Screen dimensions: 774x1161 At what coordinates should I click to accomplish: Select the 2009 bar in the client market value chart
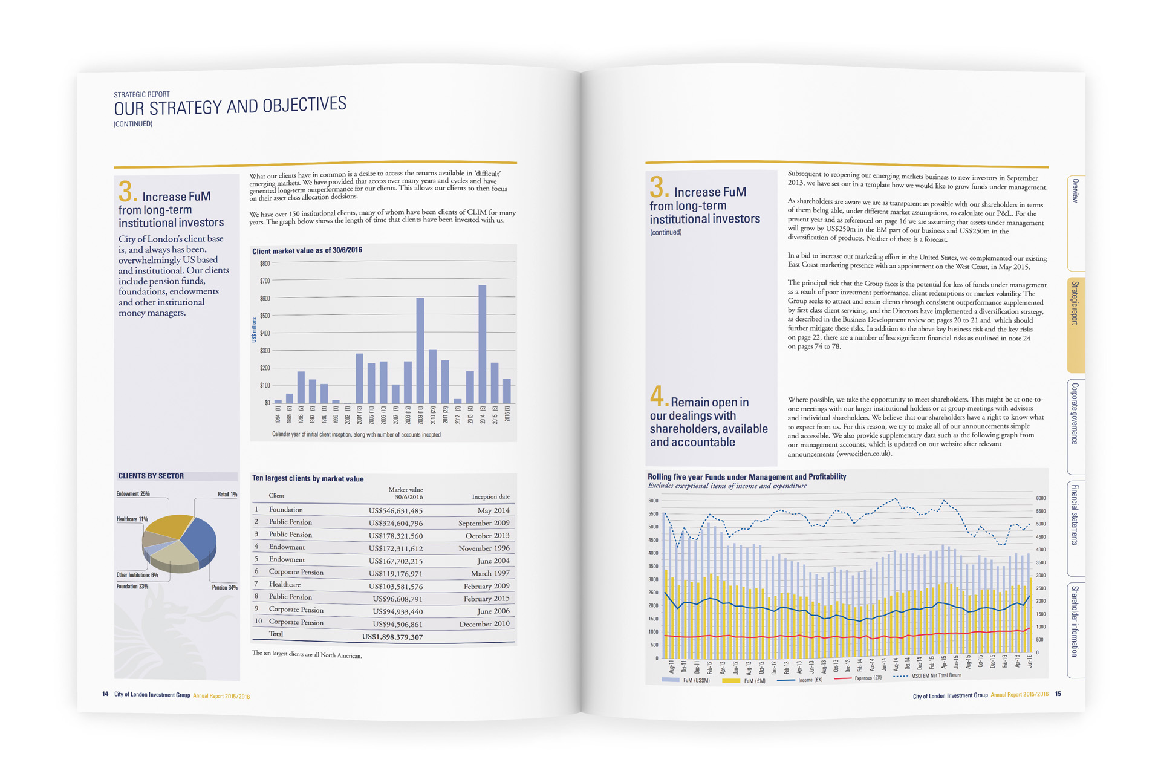[420, 351]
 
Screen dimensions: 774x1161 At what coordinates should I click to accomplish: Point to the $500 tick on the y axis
[265, 316]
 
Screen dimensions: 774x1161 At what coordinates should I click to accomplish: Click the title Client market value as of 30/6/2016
[307, 250]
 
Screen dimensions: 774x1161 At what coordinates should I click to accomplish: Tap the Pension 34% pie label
[224, 587]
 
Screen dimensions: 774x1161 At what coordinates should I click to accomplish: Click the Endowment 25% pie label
[133, 494]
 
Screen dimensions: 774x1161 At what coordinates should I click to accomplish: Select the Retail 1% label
[227, 495]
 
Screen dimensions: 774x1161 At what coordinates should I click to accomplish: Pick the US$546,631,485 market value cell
[395, 511]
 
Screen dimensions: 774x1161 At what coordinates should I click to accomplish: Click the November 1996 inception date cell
[484, 548]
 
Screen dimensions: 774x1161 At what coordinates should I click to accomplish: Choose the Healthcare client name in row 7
[284, 585]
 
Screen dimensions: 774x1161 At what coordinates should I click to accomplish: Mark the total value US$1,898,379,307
[392, 637]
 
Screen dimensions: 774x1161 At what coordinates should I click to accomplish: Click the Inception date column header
[490, 497]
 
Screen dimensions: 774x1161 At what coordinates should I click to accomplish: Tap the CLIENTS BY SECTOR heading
[151, 476]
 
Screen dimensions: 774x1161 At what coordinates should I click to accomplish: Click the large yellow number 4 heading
[657, 397]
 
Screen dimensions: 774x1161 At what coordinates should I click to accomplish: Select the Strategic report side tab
[1075, 302]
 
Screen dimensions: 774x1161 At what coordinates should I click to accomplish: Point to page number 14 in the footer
[105, 694]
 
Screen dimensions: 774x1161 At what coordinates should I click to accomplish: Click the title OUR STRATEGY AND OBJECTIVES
[230, 106]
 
